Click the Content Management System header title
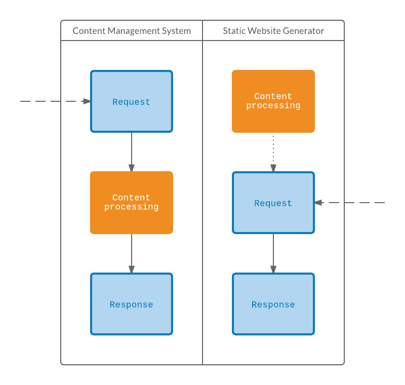click(x=132, y=31)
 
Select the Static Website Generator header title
click(x=273, y=31)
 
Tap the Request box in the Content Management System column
click(x=132, y=101)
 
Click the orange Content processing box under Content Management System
click(x=132, y=203)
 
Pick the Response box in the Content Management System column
click(x=132, y=304)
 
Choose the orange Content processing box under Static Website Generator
click(x=273, y=101)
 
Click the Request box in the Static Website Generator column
click(x=273, y=203)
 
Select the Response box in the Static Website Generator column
click(x=273, y=304)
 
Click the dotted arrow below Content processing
click(x=273, y=152)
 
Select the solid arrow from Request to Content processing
click(x=132, y=152)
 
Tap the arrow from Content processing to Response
click(x=132, y=253)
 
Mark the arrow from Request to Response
click(x=273, y=253)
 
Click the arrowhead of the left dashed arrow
click(x=87, y=101)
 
